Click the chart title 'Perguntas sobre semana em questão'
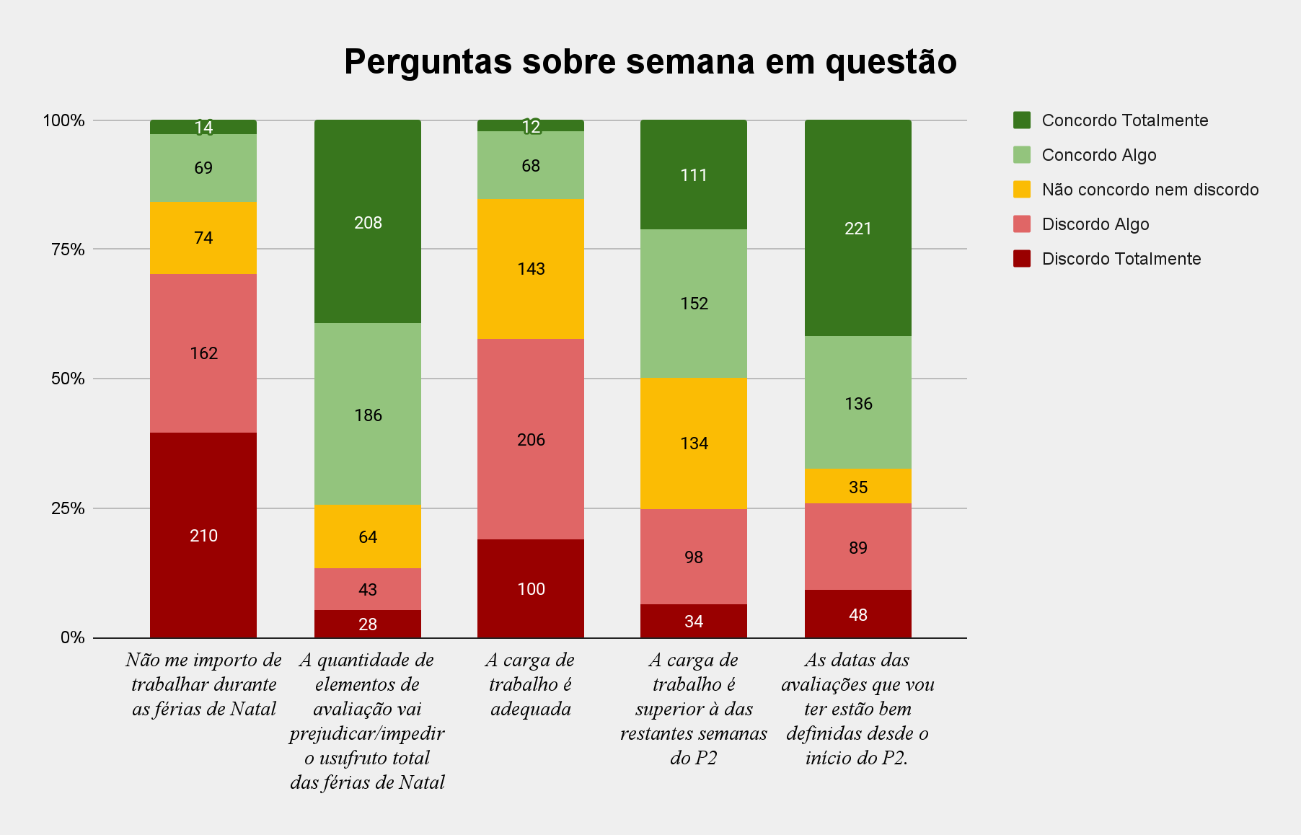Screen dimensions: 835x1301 (650, 62)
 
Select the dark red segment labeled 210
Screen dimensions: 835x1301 (203, 535)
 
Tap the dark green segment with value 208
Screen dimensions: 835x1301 (368, 222)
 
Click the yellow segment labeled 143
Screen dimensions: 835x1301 (531, 268)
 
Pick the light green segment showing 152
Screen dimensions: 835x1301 (694, 303)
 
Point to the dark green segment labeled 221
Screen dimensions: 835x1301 (858, 228)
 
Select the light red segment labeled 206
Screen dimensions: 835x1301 (531, 439)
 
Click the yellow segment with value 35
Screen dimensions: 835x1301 (858, 487)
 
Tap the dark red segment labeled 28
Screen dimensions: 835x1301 (368, 624)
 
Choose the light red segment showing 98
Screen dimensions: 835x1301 (694, 557)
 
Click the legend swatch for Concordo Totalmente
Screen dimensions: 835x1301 (1022, 120)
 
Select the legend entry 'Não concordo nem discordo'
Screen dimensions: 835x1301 (1150, 190)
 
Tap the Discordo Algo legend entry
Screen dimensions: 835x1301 (1095, 224)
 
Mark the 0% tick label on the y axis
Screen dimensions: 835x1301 (72, 637)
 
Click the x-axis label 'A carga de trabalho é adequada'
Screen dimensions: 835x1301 (531, 684)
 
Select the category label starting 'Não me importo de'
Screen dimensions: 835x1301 (203, 684)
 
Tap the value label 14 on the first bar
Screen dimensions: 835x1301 (203, 128)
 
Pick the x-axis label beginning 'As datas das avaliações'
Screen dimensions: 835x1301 (858, 708)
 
